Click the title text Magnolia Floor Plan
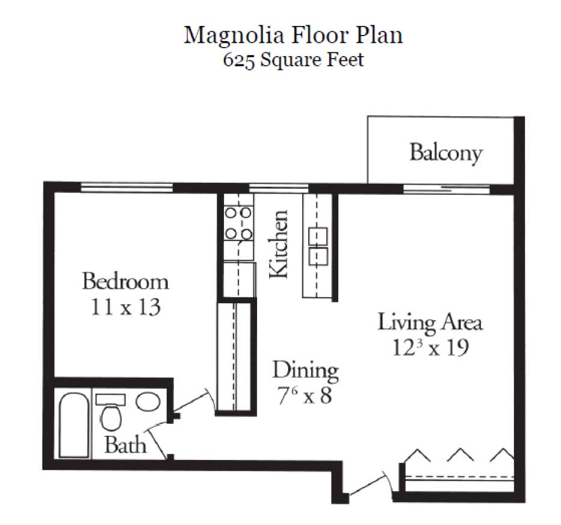pyautogui.click(x=293, y=35)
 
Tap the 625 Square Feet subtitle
pyautogui.click(x=293, y=60)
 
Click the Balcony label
pyautogui.click(x=446, y=152)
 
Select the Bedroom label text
pyautogui.click(x=125, y=281)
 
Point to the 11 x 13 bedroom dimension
pyautogui.click(x=125, y=307)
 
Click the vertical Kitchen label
pyautogui.click(x=279, y=244)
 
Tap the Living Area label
pyautogui.click(x=430, y=322)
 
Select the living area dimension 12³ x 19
pyautogui.click(x=430, y=348)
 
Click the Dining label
pyautogui.click(x=305, y=369)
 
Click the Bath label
pyautogui.click(x=125, y=445)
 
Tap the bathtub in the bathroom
pyautogui.click(x=73, y=426)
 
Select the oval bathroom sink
pyautogui.click(x=147, y=401)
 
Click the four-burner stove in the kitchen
pyautogui.click(x=238, y=223)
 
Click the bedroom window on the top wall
pyautogui.click(x=127, y=187)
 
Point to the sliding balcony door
pyautogui.click(x=446, y=189)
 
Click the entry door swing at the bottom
pyautogui.click(x=367, y=486)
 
